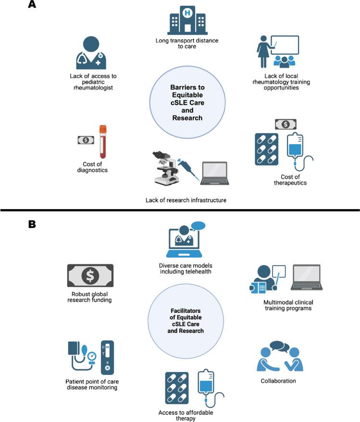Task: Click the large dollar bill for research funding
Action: (90, 275)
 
